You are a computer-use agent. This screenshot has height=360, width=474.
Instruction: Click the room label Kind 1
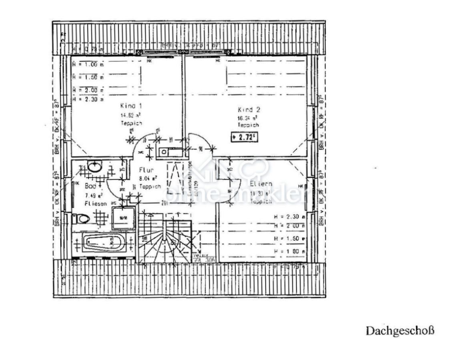(131, 106)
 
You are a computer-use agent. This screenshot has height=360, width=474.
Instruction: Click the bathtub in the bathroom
(104, 243)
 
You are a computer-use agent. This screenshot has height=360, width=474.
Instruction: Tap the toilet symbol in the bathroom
(82, 218)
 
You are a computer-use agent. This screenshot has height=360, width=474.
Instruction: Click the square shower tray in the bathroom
(123, 218)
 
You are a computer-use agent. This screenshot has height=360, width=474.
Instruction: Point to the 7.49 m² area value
(94, 195)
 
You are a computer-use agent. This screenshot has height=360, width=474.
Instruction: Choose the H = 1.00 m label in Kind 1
(88, 64)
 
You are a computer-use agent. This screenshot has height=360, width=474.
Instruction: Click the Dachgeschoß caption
(400, 331)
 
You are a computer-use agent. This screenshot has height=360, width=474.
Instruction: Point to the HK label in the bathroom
(76, 184)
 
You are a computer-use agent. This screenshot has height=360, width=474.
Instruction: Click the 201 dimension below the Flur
(165, 202)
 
